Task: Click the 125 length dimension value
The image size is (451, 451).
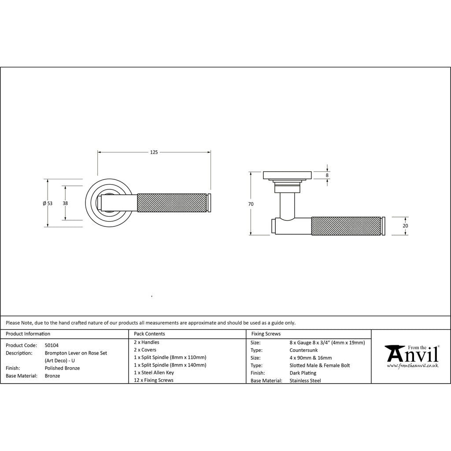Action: [154, 152]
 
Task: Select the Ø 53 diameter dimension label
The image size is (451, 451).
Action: [48, 203]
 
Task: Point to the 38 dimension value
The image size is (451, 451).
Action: [65, 203]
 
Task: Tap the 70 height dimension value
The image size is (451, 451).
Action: [251, 204]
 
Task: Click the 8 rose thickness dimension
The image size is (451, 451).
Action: [327, 175]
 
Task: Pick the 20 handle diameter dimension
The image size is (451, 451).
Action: [405, 226]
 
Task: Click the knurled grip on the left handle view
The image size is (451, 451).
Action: [172, 203]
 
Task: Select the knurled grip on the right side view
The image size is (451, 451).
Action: [346, 226]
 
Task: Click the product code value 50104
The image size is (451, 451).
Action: [52, 345]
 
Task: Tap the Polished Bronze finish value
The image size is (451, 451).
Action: [62, 368]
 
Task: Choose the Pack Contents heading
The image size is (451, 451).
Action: [149, 334]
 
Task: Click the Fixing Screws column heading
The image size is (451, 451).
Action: [266, 334]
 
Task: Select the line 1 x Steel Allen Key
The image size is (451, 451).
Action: [154, 373]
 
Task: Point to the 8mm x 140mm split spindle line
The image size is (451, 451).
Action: [170, 365]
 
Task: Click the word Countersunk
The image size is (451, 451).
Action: [304, 350]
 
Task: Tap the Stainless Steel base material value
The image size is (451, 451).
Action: [305, 381]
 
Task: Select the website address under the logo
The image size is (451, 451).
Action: [412, 366]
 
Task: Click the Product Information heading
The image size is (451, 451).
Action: [28, 334]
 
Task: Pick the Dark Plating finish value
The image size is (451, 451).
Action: [303, 373]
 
